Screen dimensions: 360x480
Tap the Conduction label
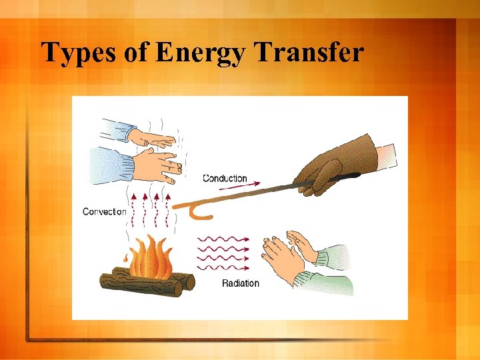tap(225, 178)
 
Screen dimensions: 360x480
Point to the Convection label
tap(104, 211)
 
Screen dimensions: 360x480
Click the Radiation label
tap(240, 283)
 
